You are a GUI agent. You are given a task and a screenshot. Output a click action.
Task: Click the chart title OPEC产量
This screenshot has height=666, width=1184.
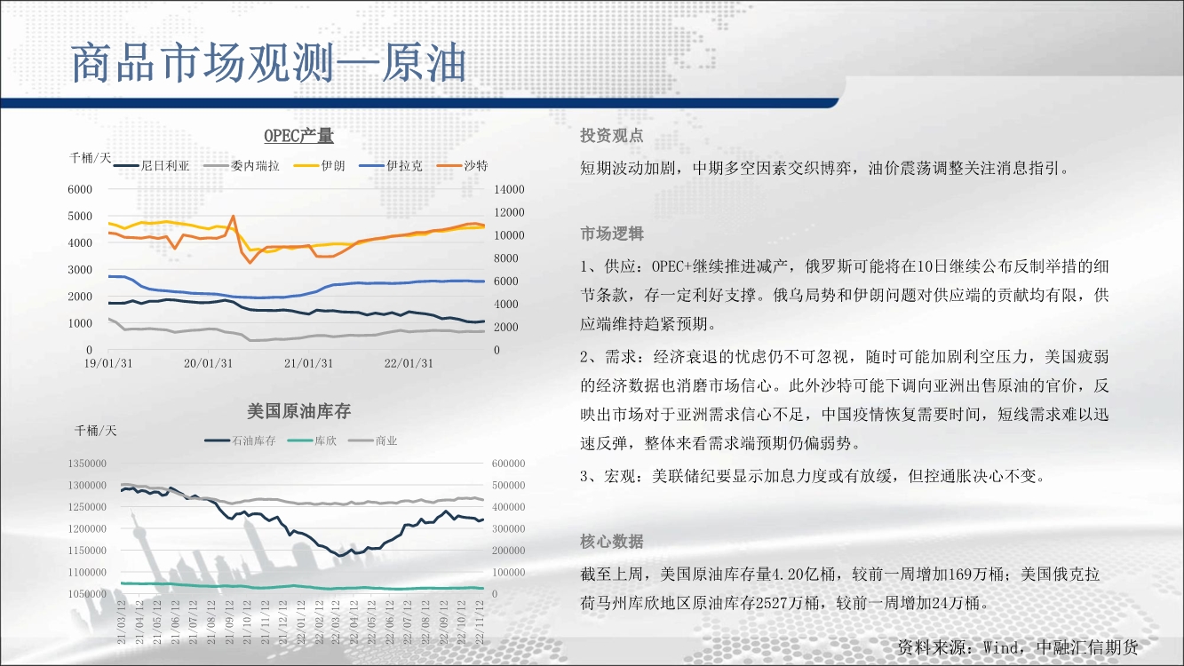pos(298,136)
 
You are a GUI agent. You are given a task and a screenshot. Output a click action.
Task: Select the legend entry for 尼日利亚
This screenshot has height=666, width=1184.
pos(151,166)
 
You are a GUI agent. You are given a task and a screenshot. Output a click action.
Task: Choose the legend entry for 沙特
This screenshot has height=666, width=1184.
pos(463,166)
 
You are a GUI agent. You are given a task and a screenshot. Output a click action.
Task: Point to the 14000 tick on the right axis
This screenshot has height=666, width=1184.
pos(509,189)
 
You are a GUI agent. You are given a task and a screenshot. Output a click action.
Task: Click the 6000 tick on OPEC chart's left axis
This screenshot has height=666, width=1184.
pos(80,189)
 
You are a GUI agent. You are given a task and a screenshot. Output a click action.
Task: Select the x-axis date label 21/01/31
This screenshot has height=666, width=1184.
pos(309,364)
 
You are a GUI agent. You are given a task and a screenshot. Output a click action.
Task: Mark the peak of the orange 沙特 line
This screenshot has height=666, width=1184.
pos(233,216)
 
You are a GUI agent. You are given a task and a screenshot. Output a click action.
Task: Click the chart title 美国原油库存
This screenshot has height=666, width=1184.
pos(298,411)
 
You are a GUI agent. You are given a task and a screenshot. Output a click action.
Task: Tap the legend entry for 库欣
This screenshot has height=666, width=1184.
pos(312,440)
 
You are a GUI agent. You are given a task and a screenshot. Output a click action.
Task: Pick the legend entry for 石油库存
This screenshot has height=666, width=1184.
pos(240,440)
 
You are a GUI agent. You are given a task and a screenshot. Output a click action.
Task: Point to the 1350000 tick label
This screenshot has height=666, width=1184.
pos(87,464)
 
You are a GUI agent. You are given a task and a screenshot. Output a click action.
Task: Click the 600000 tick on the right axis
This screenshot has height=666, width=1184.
pos(508,464)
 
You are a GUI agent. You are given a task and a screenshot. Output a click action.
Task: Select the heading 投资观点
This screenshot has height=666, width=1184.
pos(612,136)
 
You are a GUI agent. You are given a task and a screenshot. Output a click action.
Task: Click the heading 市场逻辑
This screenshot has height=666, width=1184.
pos(612,234)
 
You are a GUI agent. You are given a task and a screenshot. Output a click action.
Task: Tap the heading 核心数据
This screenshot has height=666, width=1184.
pos(612,542)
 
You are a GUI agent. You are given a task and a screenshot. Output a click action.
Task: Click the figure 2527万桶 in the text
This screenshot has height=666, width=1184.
pos(788,603)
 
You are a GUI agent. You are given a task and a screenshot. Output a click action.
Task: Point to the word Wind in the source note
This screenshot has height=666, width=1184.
pos(1000,647)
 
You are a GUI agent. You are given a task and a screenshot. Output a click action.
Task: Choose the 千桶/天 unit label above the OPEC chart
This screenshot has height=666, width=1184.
pos(90,157)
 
